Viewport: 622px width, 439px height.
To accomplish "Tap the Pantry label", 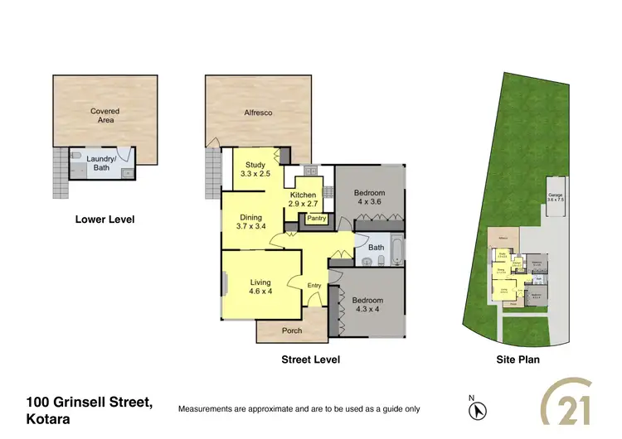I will (317, 219).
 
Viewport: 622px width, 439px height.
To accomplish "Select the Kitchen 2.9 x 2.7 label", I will (303, 199).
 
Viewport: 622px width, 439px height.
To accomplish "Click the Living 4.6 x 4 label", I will (260, 287).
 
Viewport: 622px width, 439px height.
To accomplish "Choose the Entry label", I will (314, 286).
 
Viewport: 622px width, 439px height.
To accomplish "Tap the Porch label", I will (292, 330).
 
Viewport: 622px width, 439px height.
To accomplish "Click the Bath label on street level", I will (376, 247).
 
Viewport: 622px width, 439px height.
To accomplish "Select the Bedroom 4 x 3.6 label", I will (370, 196).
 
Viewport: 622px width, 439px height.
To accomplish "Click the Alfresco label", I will (258, 112).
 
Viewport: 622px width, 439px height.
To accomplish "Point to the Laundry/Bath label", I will (101, 163).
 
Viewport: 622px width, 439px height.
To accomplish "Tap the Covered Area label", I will (105, 115).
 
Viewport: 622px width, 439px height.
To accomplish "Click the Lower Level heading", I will (104, 219).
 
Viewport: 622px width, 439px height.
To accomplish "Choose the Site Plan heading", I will (518, 360).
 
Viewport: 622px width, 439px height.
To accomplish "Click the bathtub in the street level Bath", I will (396, 248).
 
